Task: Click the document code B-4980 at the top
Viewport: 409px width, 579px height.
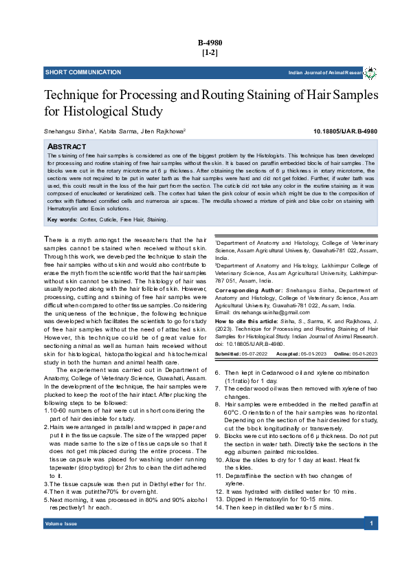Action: pyautogui.click(x=210, y=43)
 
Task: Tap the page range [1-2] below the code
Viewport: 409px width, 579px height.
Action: pyautogui.click(x=210, y=52)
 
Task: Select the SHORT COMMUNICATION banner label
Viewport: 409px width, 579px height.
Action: pyautogui.click(x=74, y=72)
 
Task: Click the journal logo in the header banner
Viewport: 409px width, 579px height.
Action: pyautogui.click(x=370, y=72)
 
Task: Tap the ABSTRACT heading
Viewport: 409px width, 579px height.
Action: pyautogui.click(x=67, y=147)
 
